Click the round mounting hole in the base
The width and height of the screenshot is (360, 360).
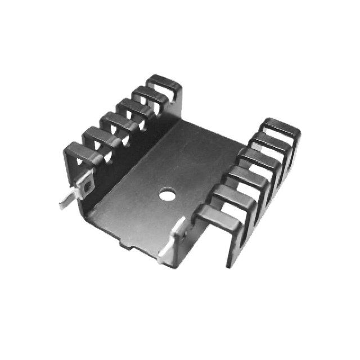(x=166, y=196)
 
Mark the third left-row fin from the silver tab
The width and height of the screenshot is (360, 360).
(x=113, y=120)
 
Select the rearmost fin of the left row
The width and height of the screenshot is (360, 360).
(x=163, y=82)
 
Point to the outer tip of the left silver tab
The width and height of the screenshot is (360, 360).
(x=62, y=205)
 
